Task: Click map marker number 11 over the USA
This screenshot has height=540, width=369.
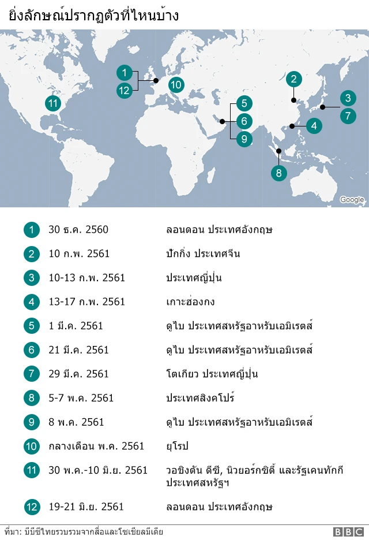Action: [53, 103]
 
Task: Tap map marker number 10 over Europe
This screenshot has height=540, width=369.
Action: [176, 85]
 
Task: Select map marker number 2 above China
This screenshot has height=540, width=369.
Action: [293, 80]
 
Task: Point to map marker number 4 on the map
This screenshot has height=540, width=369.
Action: [314, 125]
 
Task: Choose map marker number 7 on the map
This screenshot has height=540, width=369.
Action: [348, 116]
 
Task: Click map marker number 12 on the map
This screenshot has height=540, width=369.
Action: [124, 90]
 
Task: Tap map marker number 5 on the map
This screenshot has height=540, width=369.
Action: [244, 104]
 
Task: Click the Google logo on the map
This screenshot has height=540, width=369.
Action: [352, 200]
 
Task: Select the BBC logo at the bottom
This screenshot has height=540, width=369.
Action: [348, 532]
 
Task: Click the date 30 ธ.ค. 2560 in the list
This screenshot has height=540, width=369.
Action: [78, 230]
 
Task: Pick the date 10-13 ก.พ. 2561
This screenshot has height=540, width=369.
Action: [86, 278]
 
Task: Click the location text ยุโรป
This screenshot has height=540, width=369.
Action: [176, 446]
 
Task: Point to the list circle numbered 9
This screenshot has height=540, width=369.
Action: [32, 422]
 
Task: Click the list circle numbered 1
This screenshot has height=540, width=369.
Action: [32, 230]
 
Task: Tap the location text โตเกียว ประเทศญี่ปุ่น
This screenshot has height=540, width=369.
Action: [212, 374]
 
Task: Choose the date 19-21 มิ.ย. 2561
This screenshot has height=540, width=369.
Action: [86, 507]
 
